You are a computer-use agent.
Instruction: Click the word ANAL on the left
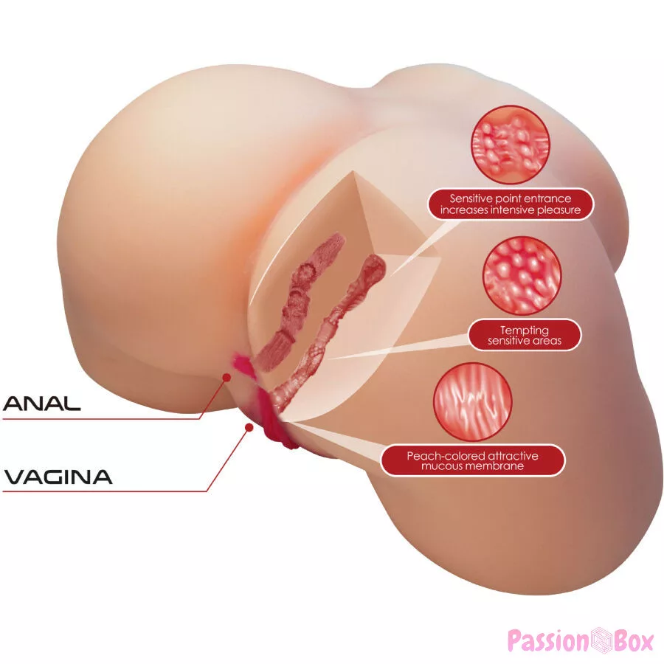click(x=41, y=404)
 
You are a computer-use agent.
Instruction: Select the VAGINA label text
click(x=58, y=477)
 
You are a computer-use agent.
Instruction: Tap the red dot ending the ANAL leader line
click(x=227, y=376)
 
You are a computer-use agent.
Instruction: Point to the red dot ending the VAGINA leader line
click(x=249, y=428)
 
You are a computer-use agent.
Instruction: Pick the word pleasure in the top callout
click(x=559, y=210)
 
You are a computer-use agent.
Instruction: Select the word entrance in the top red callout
click(x=550, y=198)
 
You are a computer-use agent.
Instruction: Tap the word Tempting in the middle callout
click(x=525, y=331)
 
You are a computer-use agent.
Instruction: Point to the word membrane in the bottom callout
click(x=497, y=466)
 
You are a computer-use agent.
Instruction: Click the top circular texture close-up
click(x=511, y=145)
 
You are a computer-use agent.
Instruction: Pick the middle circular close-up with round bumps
click(x=523, y=276)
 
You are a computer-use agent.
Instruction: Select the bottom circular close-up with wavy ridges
click(x=473, y=401)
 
